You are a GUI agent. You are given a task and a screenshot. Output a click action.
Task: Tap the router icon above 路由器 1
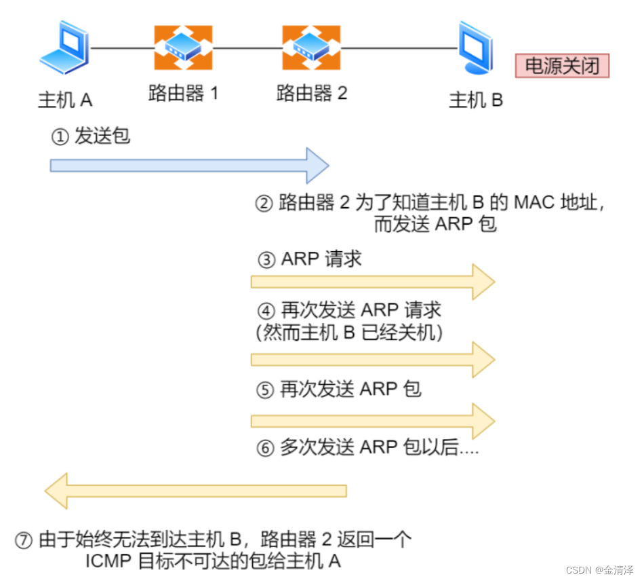[183, 48]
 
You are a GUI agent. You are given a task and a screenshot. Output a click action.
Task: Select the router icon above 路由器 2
[311, 48]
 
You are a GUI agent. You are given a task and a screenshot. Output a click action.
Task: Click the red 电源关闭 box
[562, 66]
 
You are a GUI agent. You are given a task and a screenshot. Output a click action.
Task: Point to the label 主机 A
[65, 100]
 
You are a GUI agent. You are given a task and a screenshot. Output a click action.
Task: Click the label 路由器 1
[183, 93]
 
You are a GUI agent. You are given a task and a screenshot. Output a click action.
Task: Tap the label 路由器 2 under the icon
[311, 93]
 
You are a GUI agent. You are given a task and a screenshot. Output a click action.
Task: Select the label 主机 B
[476, 100]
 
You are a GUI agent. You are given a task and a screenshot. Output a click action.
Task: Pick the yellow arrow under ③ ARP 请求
[372, 281]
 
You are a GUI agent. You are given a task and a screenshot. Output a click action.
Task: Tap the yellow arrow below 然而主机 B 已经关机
[372, 359]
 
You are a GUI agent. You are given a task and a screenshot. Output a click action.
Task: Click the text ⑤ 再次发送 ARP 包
[340, 389]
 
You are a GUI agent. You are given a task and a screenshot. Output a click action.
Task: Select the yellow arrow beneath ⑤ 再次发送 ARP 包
[372, 421]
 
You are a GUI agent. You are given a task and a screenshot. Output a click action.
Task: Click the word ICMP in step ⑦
[108, 562]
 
